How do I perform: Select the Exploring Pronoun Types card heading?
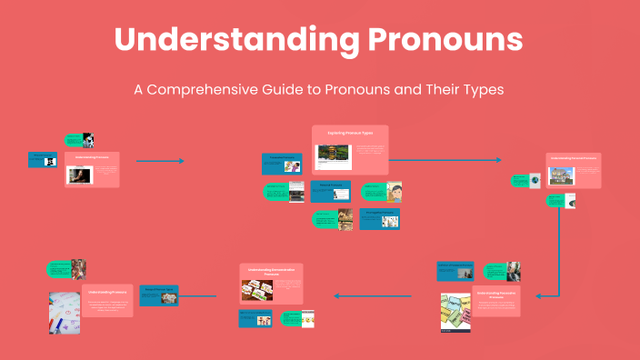pyautogui.click(x=349, y=133)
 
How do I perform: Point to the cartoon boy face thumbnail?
pyautogui.click(x=395, y=192)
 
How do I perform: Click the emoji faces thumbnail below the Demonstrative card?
pyautogui.click(x=308, y=320)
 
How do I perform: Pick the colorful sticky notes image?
pyautogui.click(x=455, y=312)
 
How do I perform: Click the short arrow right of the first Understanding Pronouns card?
pyautogui.click(x=160, y=161)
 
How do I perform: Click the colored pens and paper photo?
pyautogui.click(x=63, y=313)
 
